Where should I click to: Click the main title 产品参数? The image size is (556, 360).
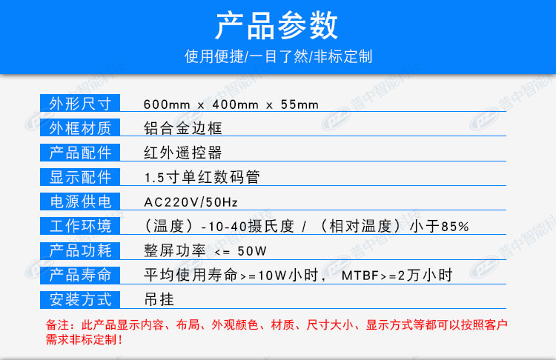277,25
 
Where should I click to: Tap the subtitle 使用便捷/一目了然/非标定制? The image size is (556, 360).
278,56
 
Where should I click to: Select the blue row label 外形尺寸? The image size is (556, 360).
80,104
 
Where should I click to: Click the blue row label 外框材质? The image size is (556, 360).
80,128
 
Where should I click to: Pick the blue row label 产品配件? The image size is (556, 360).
80,153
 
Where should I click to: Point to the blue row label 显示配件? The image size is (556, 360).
80,177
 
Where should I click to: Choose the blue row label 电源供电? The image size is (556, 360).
80,201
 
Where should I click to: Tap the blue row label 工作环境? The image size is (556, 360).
80,226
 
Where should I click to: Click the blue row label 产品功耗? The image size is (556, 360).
80,251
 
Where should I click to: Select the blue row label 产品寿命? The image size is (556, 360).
80,276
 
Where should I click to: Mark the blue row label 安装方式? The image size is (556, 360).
80,300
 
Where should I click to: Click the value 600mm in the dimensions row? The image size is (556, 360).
167,104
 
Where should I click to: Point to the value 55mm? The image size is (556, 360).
299,104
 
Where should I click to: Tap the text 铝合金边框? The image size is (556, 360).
183,128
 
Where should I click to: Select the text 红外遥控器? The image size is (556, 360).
183,153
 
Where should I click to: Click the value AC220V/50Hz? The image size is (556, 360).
191,202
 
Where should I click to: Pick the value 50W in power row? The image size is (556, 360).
252,251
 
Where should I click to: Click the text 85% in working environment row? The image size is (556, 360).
455,227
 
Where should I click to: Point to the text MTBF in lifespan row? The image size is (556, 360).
360,276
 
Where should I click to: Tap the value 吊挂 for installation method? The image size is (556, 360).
159,300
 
